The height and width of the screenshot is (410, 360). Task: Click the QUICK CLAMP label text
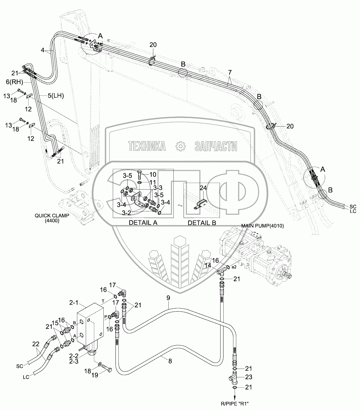point(52,216)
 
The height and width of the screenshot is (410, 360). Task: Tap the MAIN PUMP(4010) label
point(262,226)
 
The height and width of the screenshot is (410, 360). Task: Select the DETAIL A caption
point(143,223)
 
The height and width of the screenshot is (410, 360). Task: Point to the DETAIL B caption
point(202,223)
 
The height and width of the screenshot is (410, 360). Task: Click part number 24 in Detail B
point(203,188)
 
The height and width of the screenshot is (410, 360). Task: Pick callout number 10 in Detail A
point(152,174)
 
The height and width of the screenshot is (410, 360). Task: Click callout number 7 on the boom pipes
point(230,73)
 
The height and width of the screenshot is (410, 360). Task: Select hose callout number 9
point(168,297)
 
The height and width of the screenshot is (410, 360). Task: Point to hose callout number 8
point(170,361)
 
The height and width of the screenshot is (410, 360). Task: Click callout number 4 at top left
point(43,50)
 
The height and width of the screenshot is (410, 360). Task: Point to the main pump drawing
point(258,251)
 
